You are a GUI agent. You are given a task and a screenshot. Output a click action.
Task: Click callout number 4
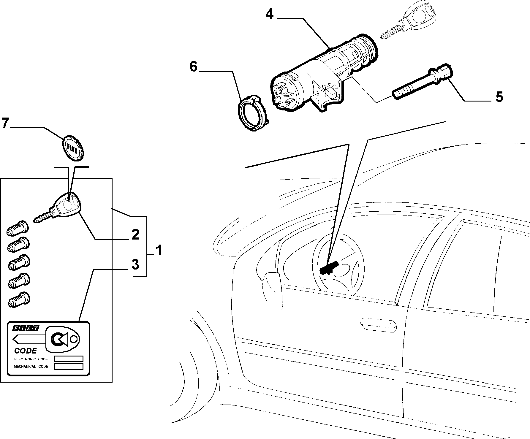click(x=270, y=14)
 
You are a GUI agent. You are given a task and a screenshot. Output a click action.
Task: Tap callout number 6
click(x=194, y=67)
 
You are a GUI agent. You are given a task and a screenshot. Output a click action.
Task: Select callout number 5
click(x=499, y=97)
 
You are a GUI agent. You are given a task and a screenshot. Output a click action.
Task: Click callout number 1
click(x=159, y=250)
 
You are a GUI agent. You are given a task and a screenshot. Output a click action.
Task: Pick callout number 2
click(x=135, y=235)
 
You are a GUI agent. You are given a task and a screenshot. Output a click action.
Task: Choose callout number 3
click(x=135, y=264)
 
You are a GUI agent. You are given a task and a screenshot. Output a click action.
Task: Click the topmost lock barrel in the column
click(x=18, y=228)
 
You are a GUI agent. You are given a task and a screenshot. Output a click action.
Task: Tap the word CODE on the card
click(x=26, y=351)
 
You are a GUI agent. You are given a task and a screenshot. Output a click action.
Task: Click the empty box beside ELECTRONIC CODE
click(x=69, y=359)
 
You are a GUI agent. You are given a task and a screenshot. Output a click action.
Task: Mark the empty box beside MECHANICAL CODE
click(x=69, y=367)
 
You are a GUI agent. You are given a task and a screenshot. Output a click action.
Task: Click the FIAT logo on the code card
click(x=26, y=329)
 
